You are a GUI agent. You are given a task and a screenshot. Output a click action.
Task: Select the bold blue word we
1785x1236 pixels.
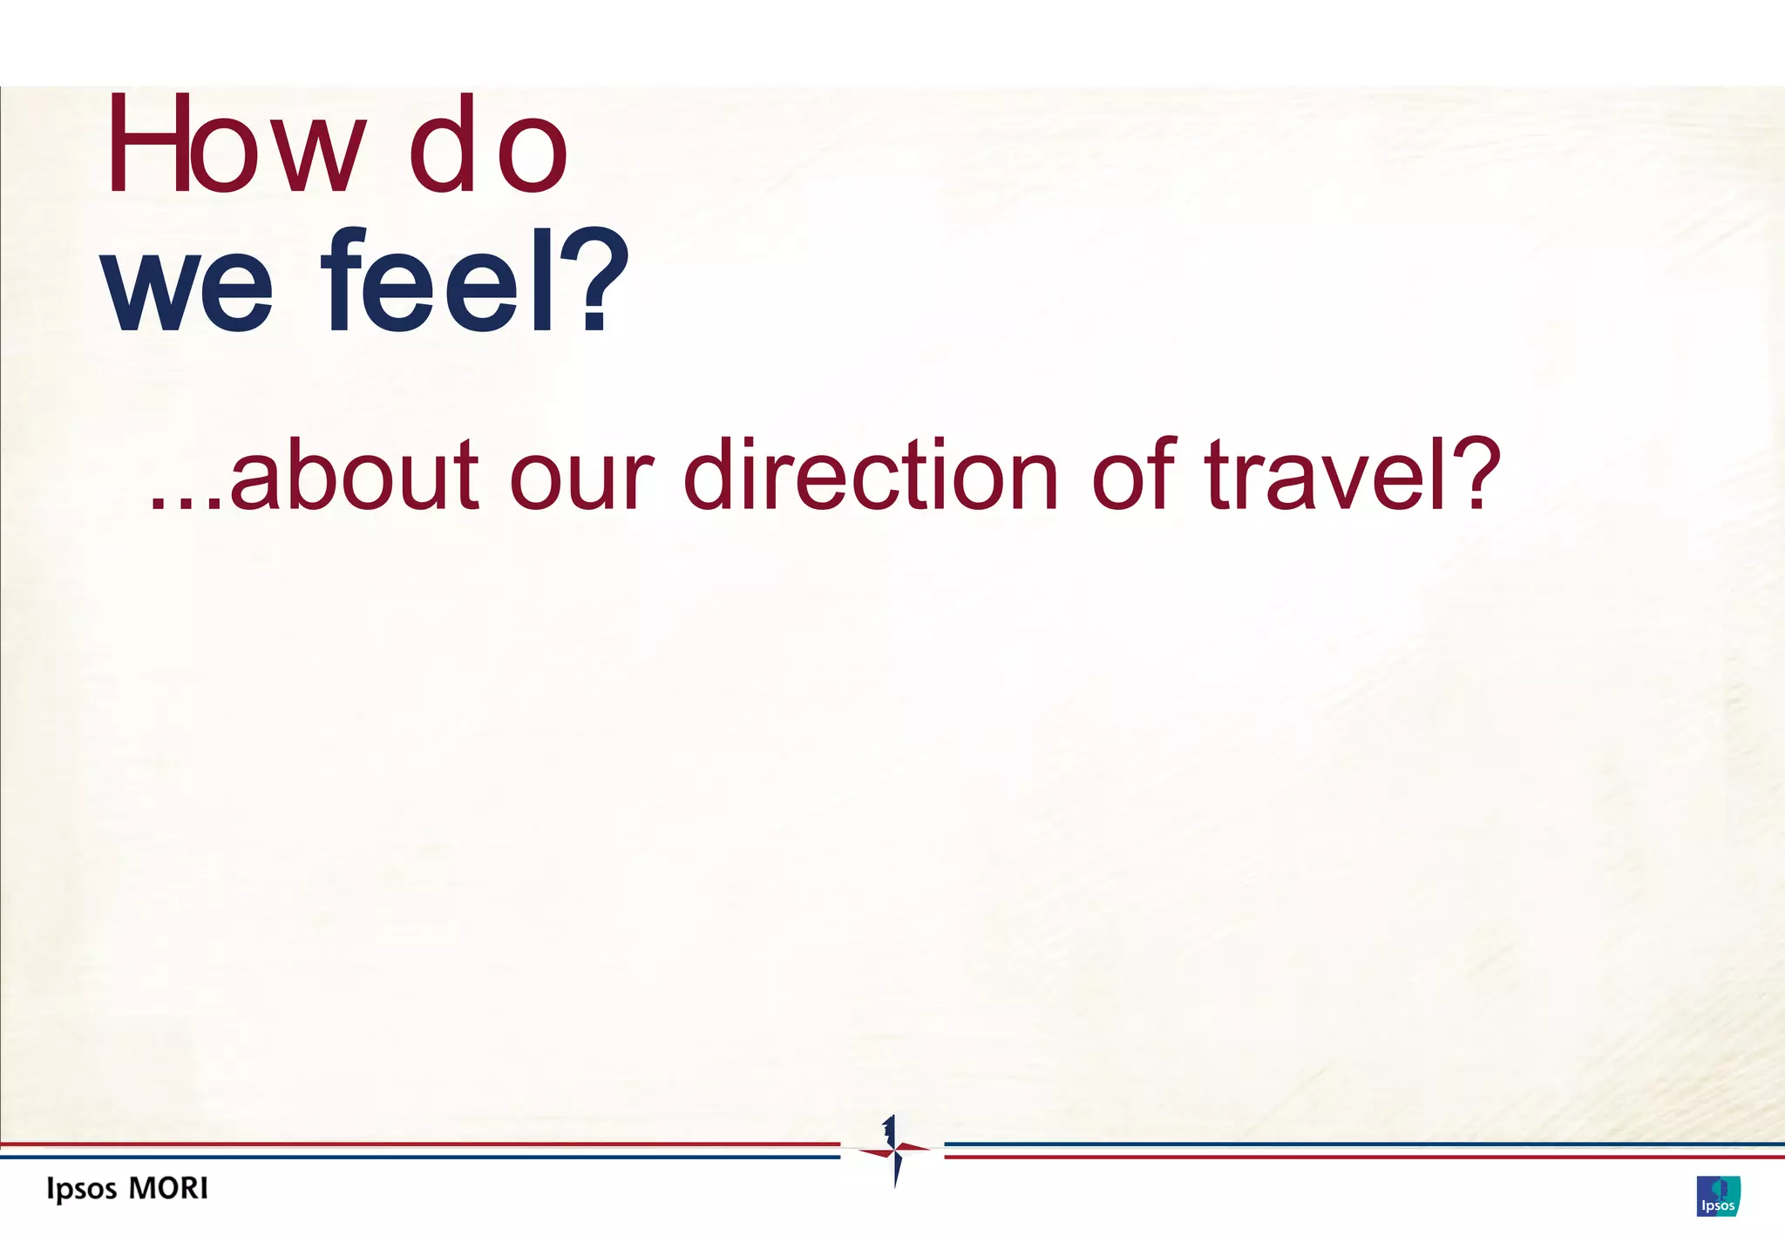point(187,283)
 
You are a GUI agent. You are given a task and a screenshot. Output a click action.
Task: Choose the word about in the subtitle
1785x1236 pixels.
point(354,476)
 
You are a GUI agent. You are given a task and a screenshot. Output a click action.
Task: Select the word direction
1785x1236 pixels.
point(871,476)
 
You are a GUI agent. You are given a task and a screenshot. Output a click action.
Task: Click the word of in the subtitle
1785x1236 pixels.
point(1134,474)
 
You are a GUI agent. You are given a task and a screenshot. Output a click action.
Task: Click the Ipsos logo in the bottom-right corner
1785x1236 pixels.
point(1718,1196)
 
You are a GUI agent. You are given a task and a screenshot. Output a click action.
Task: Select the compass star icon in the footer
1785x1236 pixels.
point(893,1151)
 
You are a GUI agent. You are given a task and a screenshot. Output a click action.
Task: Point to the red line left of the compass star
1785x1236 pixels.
point(418,1144)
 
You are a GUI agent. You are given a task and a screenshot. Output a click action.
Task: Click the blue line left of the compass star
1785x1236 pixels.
point(418,1157)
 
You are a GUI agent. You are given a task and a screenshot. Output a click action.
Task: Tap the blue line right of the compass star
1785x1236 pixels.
point(1364,1144)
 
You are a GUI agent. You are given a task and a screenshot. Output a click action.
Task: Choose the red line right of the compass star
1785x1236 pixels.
point(1364,1157)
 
